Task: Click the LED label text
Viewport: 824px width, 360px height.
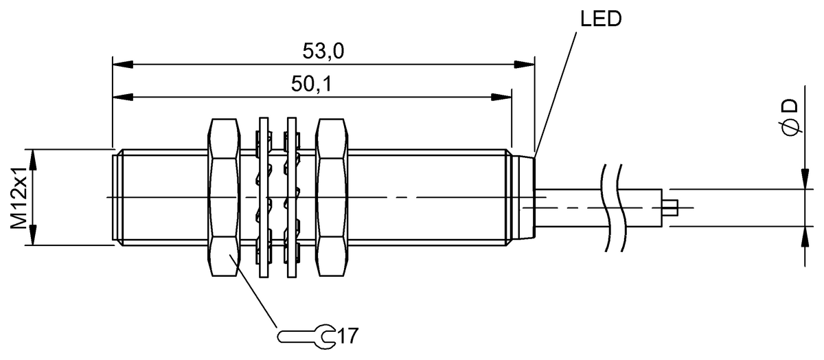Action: pyautogui.click(x=602, y=19)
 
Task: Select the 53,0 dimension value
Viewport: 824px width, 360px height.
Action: pyautogui.click(x=323, y=52)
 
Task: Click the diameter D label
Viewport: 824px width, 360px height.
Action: pyautogui.click(x=790, y=117)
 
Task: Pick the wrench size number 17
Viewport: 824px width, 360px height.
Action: pyautogui.click(x=349, y=336)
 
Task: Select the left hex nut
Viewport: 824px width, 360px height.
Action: pyautogui.click(x=223, y=198)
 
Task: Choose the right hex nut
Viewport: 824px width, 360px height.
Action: pyautogui.click(x=334, y=198)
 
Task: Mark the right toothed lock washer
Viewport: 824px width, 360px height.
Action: pyautogui.click(x=291, y=198)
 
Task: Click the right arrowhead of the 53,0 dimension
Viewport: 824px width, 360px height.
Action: pyautogui.click(x=526, y=65)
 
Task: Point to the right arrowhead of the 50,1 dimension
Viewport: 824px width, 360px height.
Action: pyautogui.click(x=503, y=96)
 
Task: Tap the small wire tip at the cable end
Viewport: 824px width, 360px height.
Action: pyautogui.click(x=672, y=206)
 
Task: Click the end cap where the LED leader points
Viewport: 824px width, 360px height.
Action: pyautogui.click(x=533, y=198)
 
